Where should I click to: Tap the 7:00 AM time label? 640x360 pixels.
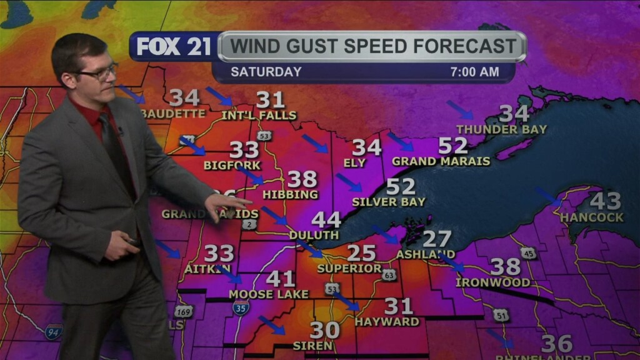tap(474, 72)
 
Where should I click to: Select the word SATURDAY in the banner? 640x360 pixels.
tap(266, 72)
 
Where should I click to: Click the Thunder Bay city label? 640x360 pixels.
tap(501, 129)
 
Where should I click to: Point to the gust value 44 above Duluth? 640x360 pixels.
tap(326, 219)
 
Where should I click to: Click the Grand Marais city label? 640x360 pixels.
tap(441, 161)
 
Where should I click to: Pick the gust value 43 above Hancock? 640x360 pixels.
tap(605, 201)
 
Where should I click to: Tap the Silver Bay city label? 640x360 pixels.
tap(388, 202)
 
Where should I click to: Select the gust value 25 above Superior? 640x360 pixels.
tap(361, 253)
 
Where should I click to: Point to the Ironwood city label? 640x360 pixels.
tap(492, 282)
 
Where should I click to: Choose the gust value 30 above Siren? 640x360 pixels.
tap(325, 329)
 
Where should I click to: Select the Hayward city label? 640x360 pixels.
tap(387, 322)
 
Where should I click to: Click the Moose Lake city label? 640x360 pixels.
tap(269, 294)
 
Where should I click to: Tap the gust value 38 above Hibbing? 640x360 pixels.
tap(302, 179)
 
